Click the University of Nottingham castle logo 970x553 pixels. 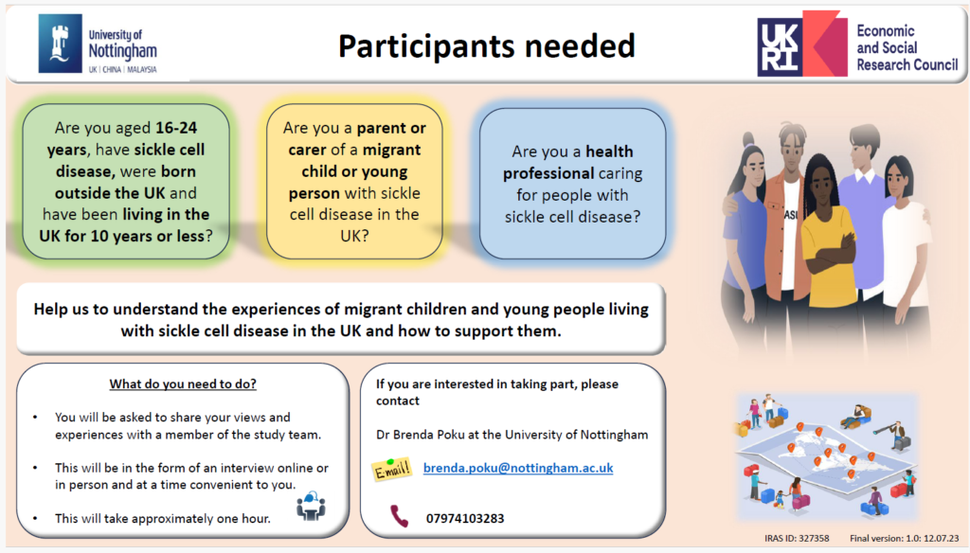60,44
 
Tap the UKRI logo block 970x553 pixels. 801,44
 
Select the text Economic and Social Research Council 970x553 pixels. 907,47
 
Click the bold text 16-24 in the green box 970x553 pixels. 176,128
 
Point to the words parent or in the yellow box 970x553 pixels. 391,128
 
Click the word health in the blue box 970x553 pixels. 609,152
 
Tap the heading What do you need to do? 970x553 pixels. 183,384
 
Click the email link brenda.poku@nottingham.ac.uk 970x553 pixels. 518,469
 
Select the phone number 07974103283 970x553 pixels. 465,518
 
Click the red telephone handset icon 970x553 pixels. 399,516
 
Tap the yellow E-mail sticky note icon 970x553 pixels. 391,470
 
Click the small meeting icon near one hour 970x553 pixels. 311,506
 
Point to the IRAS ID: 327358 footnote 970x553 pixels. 797,538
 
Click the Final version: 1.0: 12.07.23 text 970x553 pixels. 905,538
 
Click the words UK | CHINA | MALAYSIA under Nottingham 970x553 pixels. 122,70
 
